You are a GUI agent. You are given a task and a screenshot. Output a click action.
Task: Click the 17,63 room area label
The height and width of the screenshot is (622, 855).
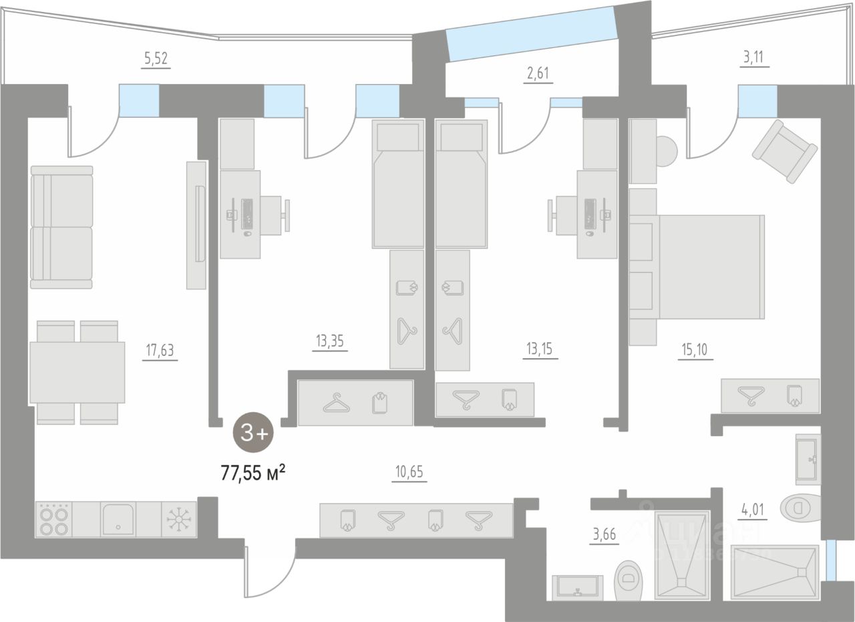point(160,349)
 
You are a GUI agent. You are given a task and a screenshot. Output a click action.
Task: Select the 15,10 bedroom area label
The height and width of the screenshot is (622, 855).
point(695,349)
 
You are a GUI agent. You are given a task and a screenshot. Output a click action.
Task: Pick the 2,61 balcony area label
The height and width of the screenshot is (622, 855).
point(539,72)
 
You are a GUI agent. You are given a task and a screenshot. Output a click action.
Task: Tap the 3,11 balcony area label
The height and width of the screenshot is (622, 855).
point(755,57)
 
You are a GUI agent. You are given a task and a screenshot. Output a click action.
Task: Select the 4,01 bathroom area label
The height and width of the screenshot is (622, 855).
point(751,510)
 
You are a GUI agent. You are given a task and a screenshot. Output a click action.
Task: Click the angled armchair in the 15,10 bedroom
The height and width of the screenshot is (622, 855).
point(785,151)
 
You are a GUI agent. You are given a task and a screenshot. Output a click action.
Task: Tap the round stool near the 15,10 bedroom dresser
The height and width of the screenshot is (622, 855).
point(666,152)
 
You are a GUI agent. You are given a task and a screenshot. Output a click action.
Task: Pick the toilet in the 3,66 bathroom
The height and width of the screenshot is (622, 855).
point(629,579)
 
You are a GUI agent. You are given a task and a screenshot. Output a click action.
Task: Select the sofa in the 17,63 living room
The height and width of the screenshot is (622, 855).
point(61,227)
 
